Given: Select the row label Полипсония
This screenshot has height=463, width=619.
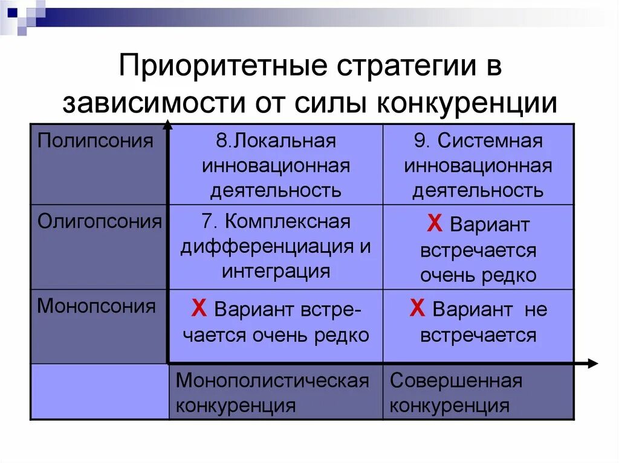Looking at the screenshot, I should [x=96, y=141].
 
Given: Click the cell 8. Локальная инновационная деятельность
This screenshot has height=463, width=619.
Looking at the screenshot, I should [x=276, y=166].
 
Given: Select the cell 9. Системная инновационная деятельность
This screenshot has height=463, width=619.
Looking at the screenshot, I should [x=478, y=166].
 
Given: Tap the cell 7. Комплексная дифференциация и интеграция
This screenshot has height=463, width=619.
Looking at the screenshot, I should [x=276, y=246].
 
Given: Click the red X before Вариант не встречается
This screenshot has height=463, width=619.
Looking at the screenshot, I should [x=416, y=310].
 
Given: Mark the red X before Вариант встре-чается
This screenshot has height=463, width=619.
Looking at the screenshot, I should [x=198, y=310].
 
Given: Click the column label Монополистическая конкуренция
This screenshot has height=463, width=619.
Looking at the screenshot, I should [x=272, y=392].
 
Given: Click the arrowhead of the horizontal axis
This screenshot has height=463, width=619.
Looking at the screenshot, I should [x=592, y=363].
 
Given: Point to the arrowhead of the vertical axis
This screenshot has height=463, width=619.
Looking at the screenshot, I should [x=167, y=126].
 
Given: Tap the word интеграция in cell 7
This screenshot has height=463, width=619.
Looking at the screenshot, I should [x=276, y=271].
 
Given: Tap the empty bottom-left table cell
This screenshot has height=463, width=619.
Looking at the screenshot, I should [x=100, y=392].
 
